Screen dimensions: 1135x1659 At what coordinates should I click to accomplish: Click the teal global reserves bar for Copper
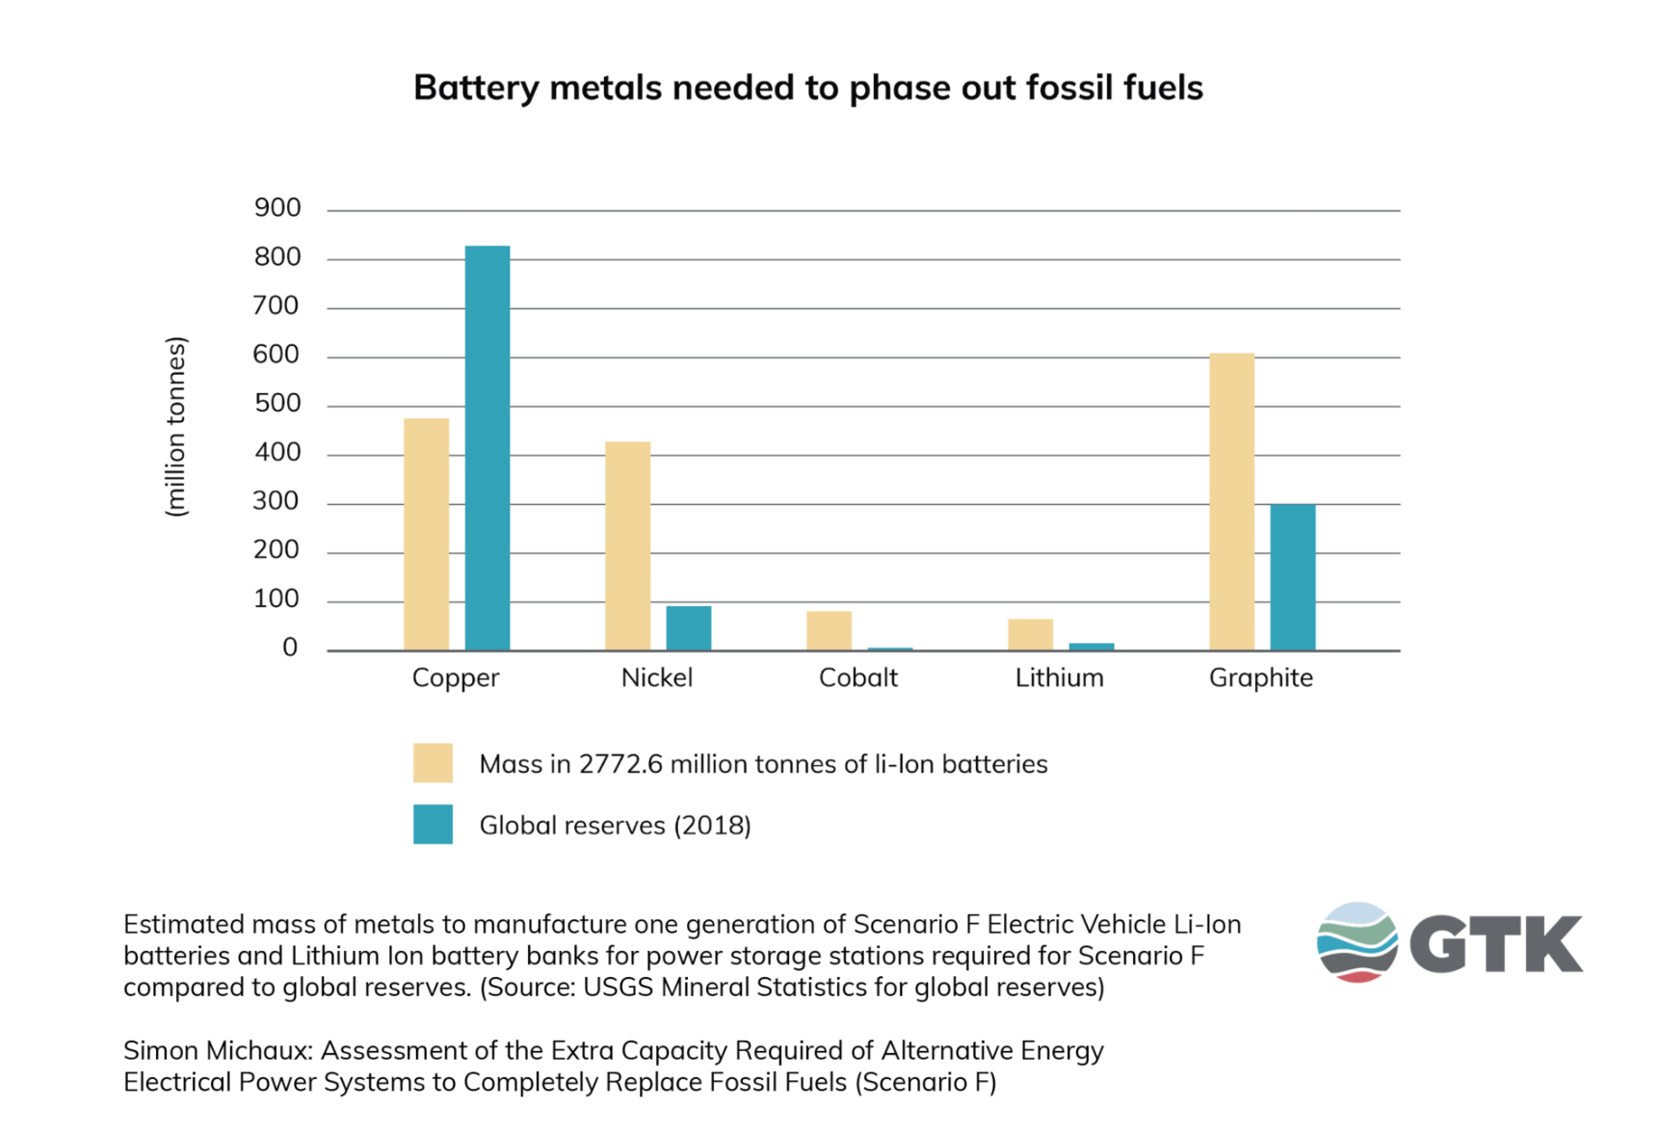click(487, 448)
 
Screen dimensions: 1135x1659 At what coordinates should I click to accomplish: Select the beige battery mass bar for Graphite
click(1231, 502)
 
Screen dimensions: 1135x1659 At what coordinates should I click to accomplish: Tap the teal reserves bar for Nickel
click(688, 628)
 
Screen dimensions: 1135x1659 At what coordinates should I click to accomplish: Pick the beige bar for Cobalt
click(829, 631)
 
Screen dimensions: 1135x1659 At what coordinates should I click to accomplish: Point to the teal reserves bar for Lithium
click(1091, 647)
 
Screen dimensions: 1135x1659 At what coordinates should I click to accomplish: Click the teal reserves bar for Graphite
click(1292, 577)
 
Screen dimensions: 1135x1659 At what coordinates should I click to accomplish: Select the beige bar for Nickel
click(627, 546)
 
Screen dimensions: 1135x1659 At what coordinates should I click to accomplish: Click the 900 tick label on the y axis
click(277, 208)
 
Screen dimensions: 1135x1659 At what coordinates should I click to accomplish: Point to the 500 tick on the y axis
click(277, 404)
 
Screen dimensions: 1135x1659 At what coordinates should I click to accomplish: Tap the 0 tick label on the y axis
click(290, 648)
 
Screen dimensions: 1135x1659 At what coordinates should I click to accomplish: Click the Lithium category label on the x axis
click(1059, 678)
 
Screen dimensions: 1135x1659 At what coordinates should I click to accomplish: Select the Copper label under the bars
click(455, 678)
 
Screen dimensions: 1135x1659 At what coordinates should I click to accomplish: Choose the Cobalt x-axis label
click(857, 678)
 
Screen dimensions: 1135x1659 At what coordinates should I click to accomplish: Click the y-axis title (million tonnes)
click(175, 427)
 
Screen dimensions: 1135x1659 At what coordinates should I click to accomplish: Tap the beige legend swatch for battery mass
click(433, 763)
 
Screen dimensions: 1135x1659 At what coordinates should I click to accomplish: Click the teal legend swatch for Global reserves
click(433, 825)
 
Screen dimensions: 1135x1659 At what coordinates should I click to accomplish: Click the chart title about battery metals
click(807, 88)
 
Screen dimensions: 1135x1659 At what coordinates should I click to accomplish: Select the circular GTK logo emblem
click(1356, 942)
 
